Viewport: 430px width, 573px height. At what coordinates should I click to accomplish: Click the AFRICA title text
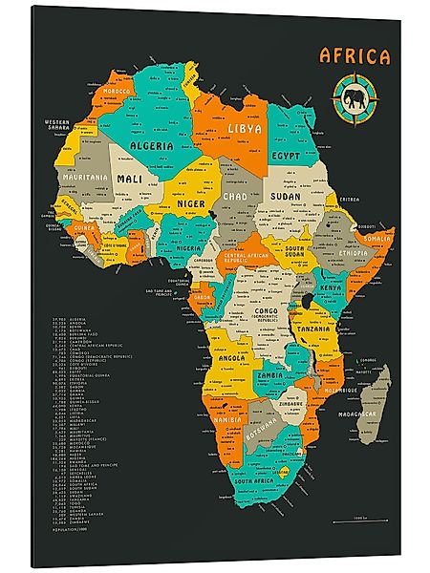coord(355,56)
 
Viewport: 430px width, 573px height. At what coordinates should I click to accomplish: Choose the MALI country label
coord(129,179)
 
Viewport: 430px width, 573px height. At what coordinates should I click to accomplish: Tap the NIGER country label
coord(191,202)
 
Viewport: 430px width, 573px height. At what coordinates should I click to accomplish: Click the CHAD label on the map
coord(235,197)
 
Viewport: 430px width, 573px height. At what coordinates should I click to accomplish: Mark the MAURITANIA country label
coord(83,178)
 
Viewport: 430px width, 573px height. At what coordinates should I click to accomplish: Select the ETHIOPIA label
coord(353,254)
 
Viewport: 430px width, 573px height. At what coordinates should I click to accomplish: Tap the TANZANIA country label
coord(314,329)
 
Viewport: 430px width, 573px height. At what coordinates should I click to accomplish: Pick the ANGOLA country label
coord(233,358)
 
